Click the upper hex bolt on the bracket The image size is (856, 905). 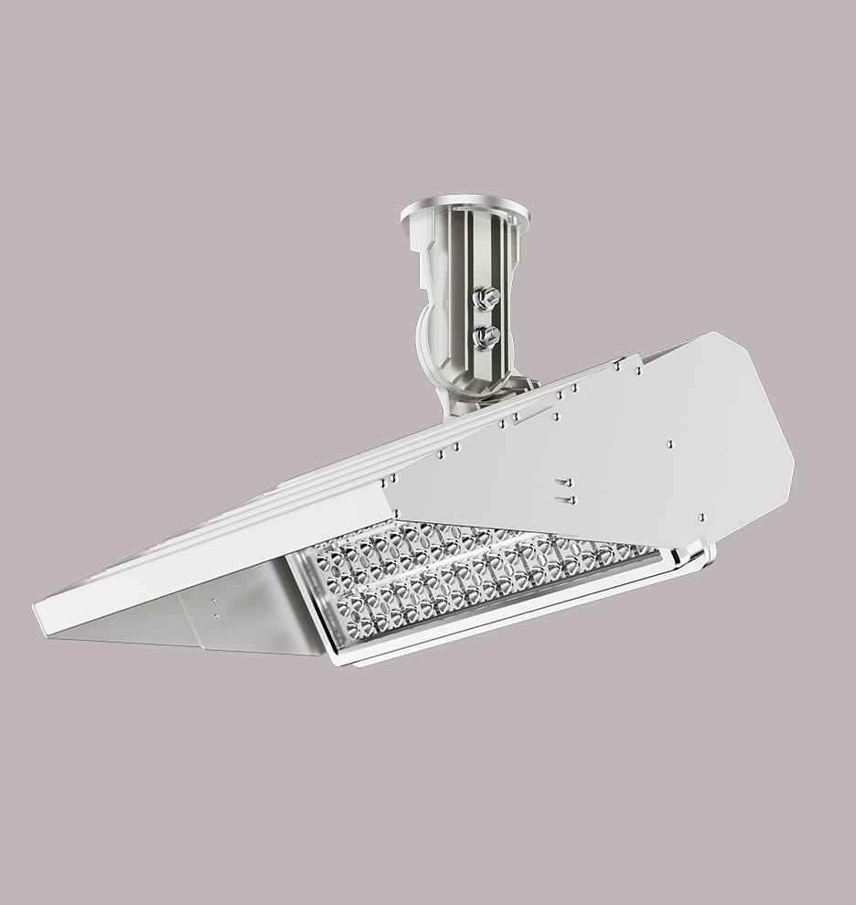click(487, 296)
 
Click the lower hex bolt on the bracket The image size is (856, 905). click(486, 335)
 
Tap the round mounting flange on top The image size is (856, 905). click(464, 210)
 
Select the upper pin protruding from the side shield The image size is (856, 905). click(564, 482)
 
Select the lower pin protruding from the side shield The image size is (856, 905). click(565, 499)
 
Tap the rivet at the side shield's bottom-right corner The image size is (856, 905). click(701, 518)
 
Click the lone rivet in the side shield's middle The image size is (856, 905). click(670, 443)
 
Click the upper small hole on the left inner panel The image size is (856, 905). click(213, 602)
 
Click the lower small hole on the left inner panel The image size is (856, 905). click(215, 617)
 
